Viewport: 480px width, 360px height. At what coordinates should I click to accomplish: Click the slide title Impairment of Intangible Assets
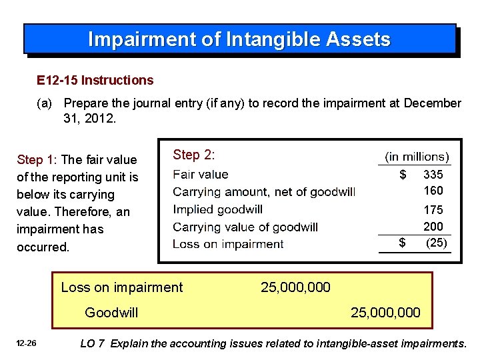239,39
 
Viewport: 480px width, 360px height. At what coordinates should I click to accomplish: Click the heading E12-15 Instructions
95,81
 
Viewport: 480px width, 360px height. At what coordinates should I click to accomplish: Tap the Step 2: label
193,155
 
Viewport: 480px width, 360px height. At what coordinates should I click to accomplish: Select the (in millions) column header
417,157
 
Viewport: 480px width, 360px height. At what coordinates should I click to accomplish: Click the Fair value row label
200,175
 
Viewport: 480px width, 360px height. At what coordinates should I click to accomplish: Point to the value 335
433,175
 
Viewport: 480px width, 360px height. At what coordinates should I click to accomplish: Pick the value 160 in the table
433,191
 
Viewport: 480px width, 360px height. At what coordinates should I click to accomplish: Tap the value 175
433,210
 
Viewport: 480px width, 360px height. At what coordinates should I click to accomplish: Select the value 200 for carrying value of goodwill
433,227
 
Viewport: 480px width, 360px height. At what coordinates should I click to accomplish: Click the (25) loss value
436,243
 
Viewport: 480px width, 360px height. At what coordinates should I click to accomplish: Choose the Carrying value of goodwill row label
245,227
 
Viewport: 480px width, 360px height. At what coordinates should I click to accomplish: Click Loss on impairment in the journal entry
121,287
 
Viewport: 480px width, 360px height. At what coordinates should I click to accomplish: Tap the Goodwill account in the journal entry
111,312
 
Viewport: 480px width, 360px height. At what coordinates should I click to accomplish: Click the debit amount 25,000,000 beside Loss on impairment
295,287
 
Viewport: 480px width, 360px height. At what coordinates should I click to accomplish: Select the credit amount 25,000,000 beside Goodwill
385,312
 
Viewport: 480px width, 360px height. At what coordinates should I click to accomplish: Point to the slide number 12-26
27,344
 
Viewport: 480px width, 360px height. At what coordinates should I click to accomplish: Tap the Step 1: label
38,160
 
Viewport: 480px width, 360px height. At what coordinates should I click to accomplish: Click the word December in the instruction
432,103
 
